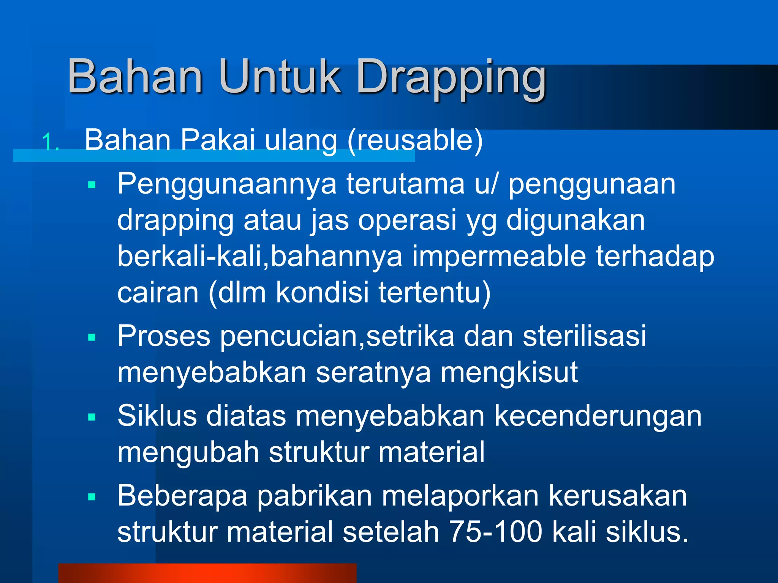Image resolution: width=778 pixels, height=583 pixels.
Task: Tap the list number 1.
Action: coord(49,143)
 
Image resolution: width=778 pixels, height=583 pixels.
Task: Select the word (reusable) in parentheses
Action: coord(415,140)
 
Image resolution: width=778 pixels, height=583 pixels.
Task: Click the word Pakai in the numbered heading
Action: coord(217,140)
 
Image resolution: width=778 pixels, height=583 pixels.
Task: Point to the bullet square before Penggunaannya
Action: coord(92,185)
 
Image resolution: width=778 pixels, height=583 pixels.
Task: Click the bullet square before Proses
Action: coord(92,337)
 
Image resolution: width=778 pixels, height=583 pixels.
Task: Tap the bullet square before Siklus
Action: coord(92,417)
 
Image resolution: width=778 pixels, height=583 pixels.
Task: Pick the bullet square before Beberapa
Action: coord(92,497)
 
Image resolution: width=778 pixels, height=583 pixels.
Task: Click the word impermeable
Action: coord(499,257)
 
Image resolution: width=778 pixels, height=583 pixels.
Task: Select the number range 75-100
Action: coord(495,532)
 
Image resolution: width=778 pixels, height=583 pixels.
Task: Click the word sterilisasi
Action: coord(584,336)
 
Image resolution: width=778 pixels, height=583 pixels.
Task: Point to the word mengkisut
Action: coord(509,373)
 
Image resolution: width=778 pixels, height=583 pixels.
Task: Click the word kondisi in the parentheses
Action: coord(322,293)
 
